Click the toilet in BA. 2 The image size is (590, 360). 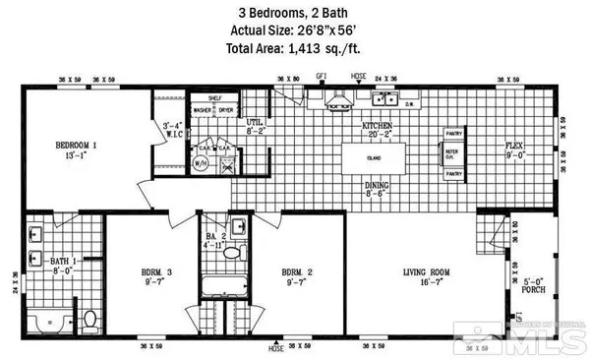[232, 253]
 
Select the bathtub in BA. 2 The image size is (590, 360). [219, 286]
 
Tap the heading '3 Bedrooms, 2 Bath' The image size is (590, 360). [294, 12]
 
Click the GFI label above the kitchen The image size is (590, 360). [322, 76]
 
